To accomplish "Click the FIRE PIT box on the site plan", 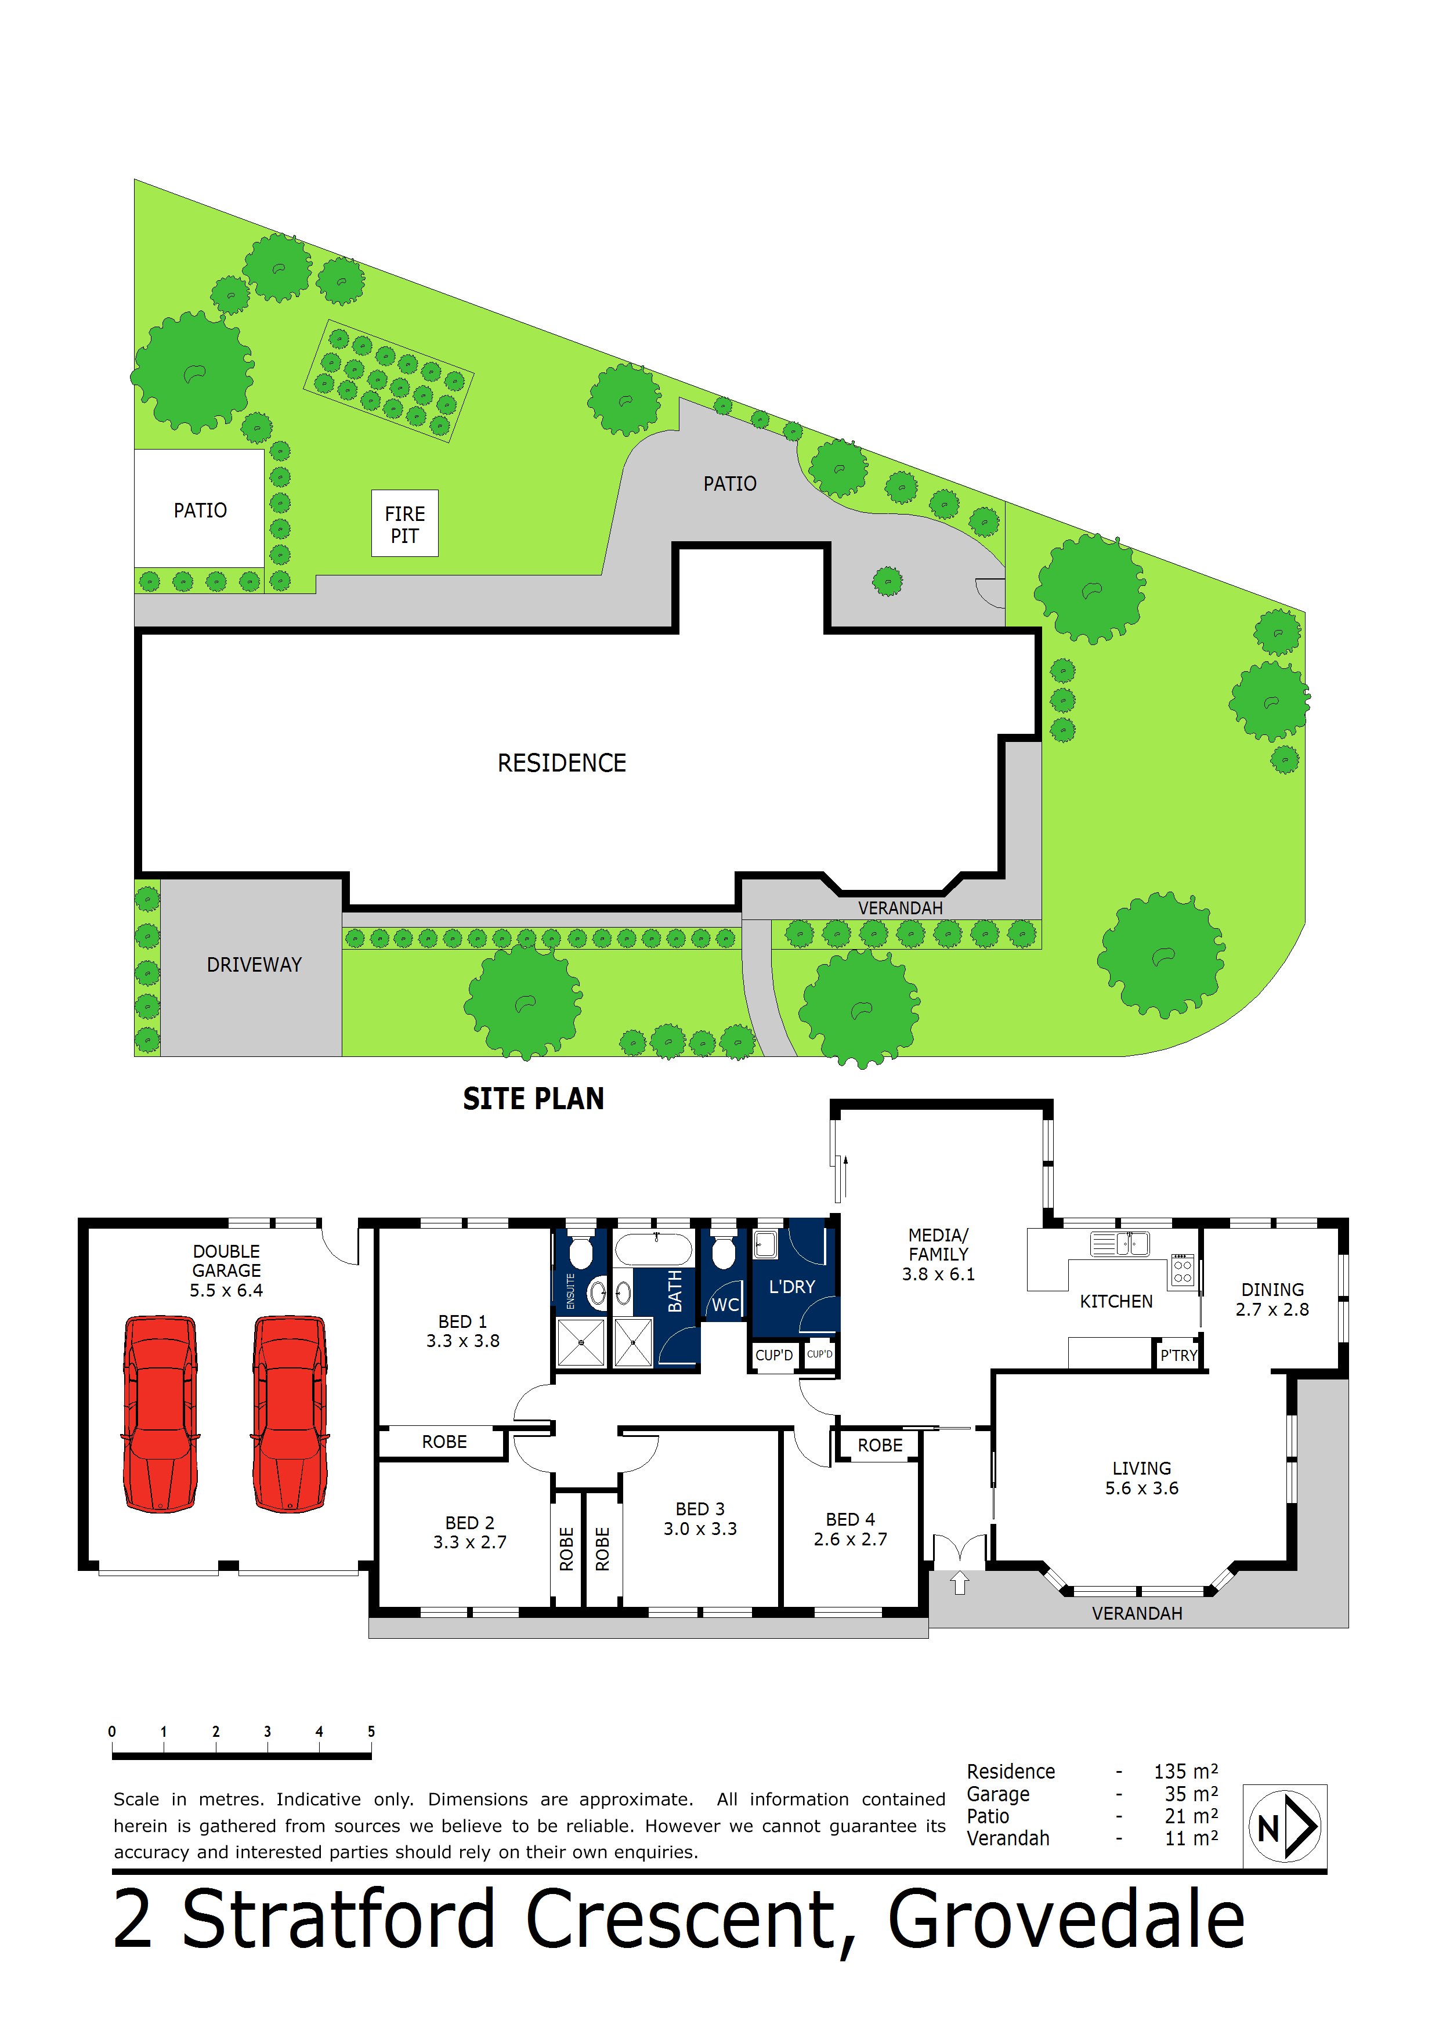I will coord(404,524).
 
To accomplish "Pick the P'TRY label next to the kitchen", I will coord(1178,1355).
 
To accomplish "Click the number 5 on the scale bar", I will coord(371,1731).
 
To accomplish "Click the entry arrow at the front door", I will coord(959,1582).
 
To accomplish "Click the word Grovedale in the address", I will coord(1066,1919).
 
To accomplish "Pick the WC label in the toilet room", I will coord(724,1305).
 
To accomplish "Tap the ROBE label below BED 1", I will coord(444,1442).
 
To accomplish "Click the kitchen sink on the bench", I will coord(1120,1244).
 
